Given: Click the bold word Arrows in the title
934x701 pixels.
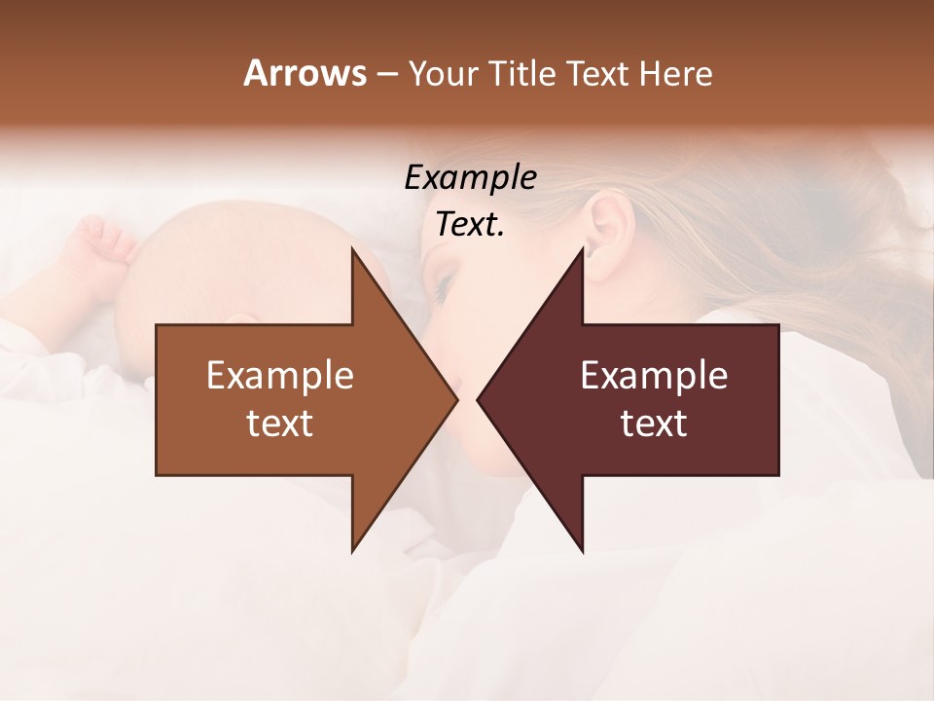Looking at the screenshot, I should coord(305,73).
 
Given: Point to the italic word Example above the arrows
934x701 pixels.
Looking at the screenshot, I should coord(470,178).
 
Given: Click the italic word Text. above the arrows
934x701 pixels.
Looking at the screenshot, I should coord(470,225).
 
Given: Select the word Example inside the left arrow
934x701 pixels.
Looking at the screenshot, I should coord(279,376).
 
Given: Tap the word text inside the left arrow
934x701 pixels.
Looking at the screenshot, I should coord(279,424).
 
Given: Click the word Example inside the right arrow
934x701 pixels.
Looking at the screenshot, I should coord(654,376).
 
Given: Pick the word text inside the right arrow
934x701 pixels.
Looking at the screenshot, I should coord(654,424).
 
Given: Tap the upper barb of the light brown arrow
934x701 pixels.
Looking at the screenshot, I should coord(355,255).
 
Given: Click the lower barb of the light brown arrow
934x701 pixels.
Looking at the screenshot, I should coord(355,545).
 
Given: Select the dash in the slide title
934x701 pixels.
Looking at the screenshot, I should coord(386,75).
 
